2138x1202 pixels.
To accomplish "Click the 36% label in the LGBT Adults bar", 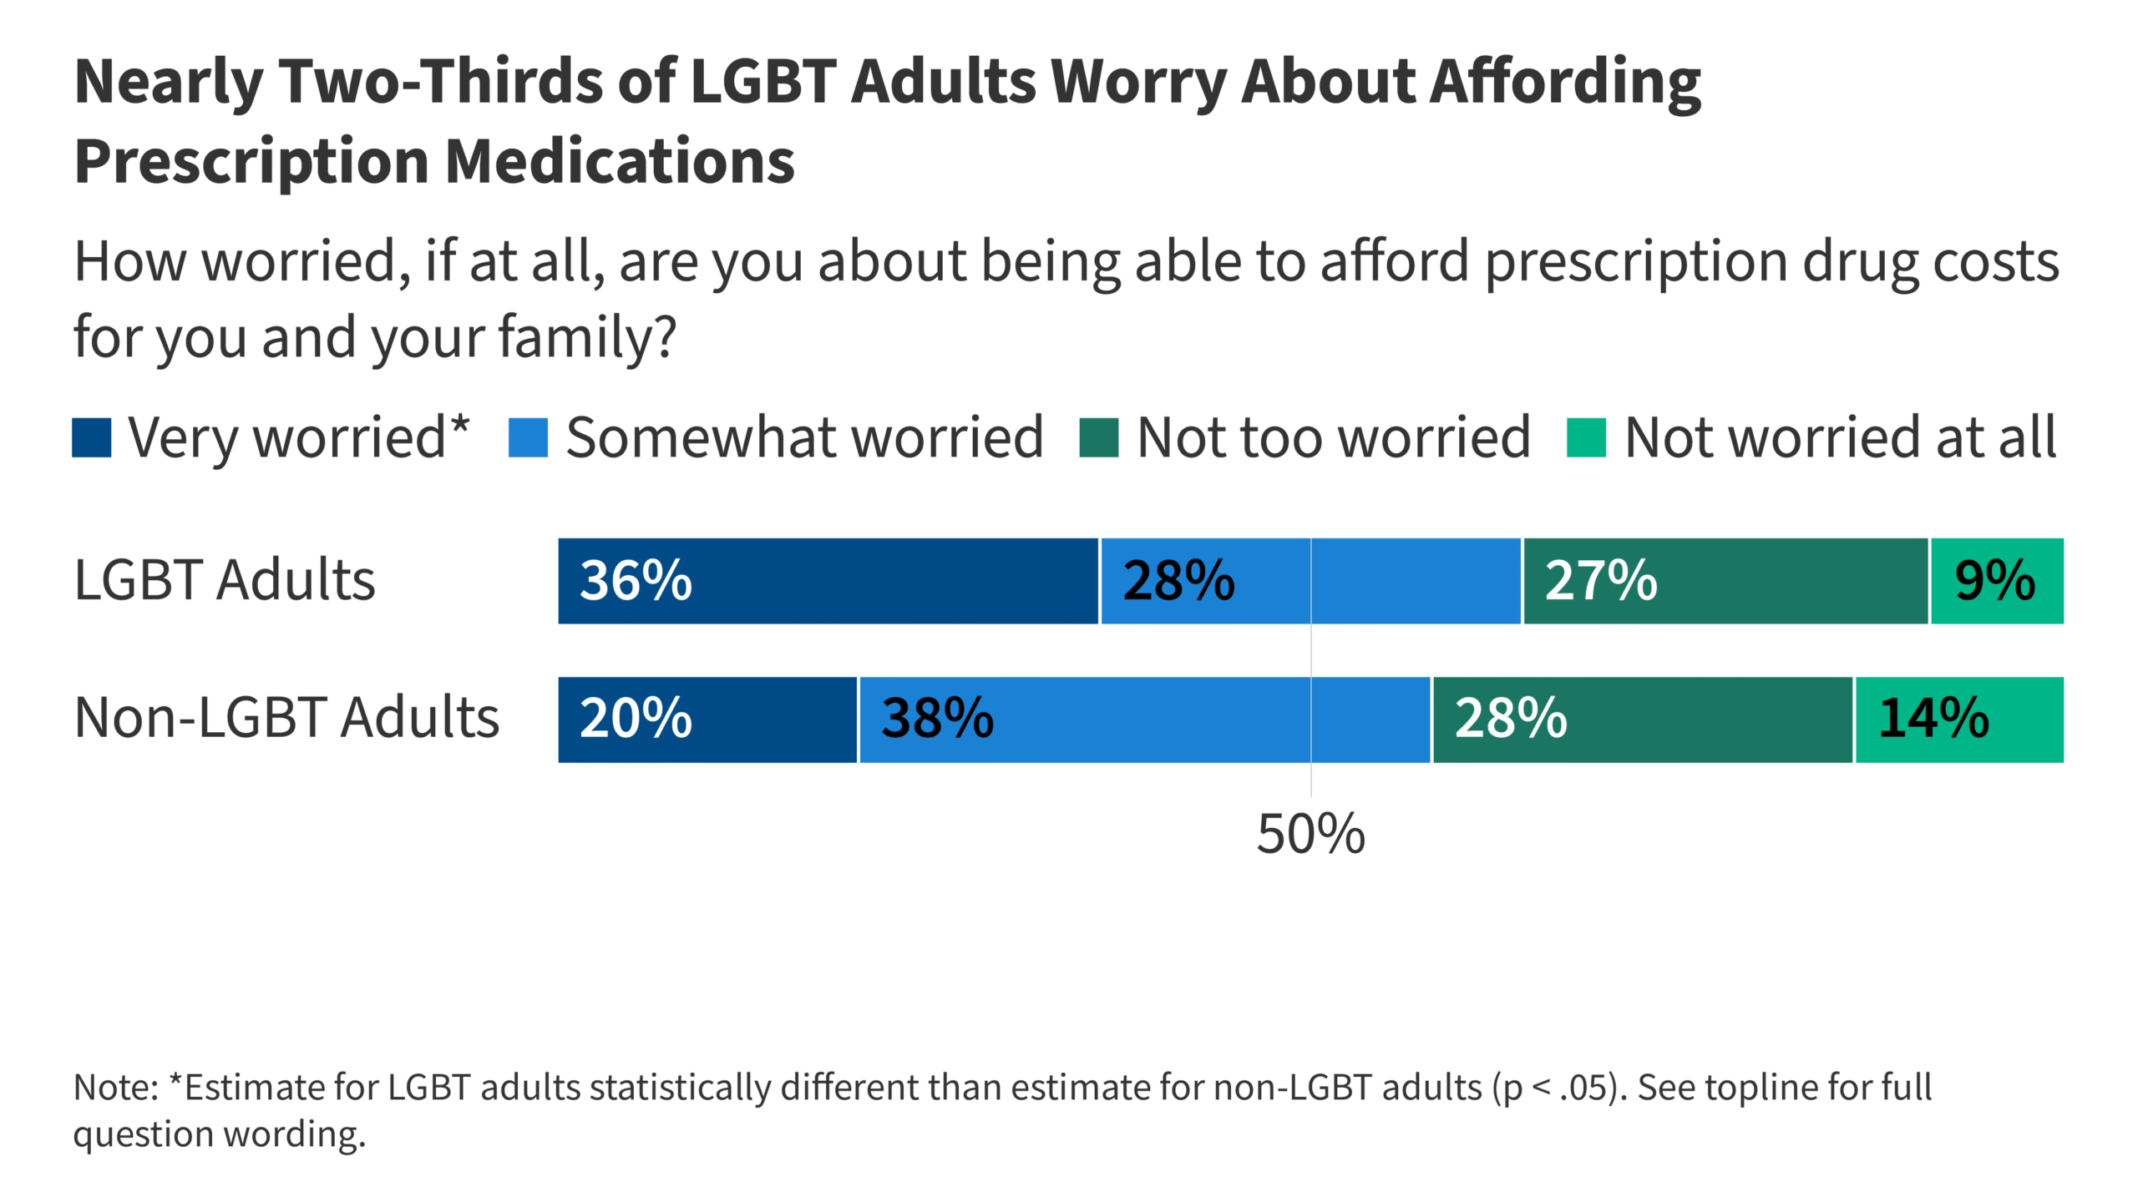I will (636, 581).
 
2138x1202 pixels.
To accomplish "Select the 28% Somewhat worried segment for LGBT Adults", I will (1310, 581).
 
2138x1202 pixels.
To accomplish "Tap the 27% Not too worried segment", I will (1725, 581).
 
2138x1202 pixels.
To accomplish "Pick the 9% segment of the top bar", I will (1996, 581).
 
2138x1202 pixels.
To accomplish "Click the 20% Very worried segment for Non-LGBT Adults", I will (707, 719).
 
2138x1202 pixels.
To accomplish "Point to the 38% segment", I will (1144, 719).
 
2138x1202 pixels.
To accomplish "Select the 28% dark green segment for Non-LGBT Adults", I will (1642, 719).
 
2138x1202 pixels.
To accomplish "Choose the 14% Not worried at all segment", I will (1958, 719).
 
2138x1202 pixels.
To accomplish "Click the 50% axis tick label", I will (1310, 834).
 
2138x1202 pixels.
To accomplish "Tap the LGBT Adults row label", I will (225, 580).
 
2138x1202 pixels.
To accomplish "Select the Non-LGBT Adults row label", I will (286, 718).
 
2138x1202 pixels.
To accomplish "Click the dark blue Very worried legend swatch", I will (92, 438).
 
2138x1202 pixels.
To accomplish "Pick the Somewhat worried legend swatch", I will (528, 438).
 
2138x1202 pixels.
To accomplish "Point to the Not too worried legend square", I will (1098, 438).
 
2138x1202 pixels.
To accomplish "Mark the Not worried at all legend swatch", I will (1586, 438).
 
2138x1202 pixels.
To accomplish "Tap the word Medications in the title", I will (620, 161).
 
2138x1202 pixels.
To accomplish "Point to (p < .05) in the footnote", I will (1558, 1088).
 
